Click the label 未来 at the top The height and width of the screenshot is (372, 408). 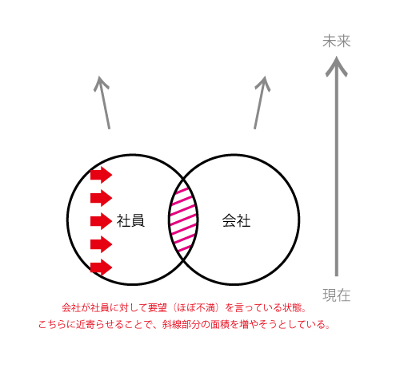pyautogui.click(x=337, y=42)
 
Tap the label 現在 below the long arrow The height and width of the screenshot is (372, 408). pyautogui.click(x=337, y=295)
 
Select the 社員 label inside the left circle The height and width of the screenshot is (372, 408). pyautogui.click(x=130, y=220)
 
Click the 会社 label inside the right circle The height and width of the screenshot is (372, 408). pyautogui.click(x=237, y=220)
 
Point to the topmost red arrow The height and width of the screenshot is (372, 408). pyautogui.click(x=101, y=175)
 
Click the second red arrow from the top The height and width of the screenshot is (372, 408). pyautogui.click(x=101, y=198)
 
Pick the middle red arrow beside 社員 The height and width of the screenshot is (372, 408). pyautogui.click(x=101, y=221)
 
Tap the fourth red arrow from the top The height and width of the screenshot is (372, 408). pyautogui.click(x=101, y=244)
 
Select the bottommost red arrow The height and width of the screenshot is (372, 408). pyautogui.click(x=101, y=267)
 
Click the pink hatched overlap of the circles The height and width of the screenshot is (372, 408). pyautogui.click(x=183, y=220)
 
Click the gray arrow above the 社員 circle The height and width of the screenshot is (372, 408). pyautogui.click(x=104, y=102)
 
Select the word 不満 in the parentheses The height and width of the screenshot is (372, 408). pyautogui.click(x=206, y=308)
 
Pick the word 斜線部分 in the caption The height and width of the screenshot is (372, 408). pyautogui.click(x=181, y=325)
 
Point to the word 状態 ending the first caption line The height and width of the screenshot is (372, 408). pyautogui.click(x=293, y=308)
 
